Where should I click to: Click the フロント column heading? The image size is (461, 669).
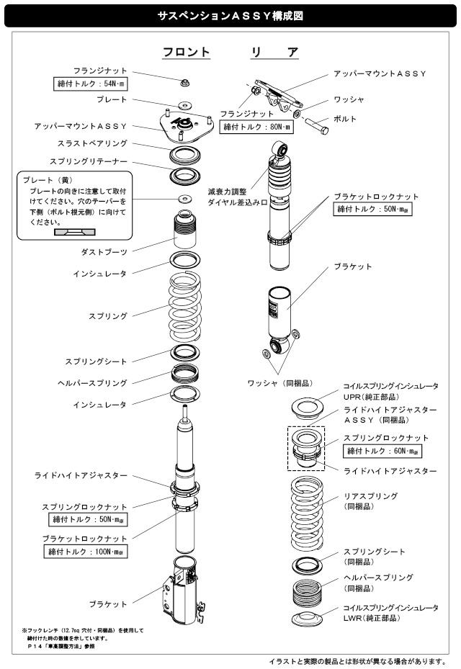click(186, 53)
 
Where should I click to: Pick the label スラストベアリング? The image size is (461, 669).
click(91, 144)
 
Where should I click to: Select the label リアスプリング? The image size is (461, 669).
click(371, 497)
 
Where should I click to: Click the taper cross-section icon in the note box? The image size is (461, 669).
click(74, 233)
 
